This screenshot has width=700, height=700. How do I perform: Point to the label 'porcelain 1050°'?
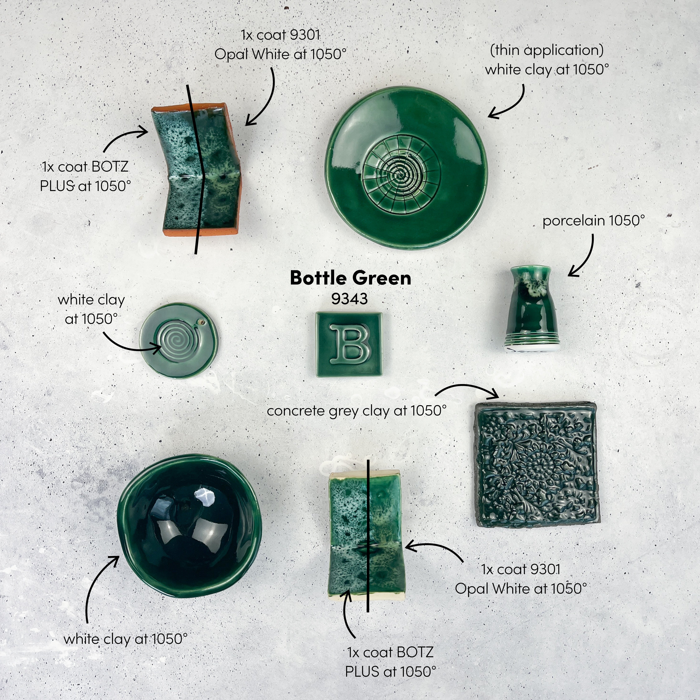(x=593, y=221)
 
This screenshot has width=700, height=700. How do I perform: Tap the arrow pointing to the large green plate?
(x=507, y=103)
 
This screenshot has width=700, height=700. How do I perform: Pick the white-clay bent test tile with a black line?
(x=366, y=536)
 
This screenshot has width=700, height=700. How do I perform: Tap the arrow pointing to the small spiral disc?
(x=131, y=344)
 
